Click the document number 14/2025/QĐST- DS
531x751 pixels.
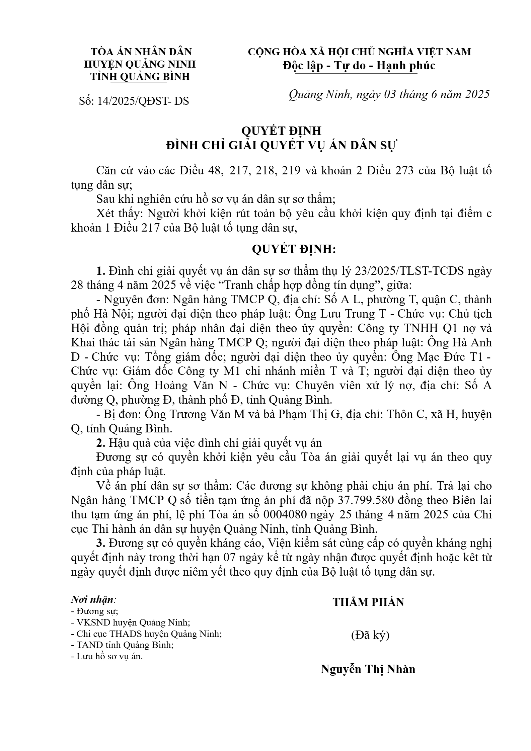[x=143, y=101]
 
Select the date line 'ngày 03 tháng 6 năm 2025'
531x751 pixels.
[x=423, y=94]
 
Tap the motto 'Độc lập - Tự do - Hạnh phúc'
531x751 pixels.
[x=359, y=65]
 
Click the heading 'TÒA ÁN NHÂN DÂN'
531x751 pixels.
[x=141, y=52]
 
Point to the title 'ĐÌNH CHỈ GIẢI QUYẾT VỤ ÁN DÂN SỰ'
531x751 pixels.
[x=281, y=146]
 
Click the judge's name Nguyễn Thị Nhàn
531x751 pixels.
[x=368, y=669]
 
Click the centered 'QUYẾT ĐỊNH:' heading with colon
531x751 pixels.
[x=293, y=249]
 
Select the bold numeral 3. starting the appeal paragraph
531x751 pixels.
[x=100, y=543]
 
